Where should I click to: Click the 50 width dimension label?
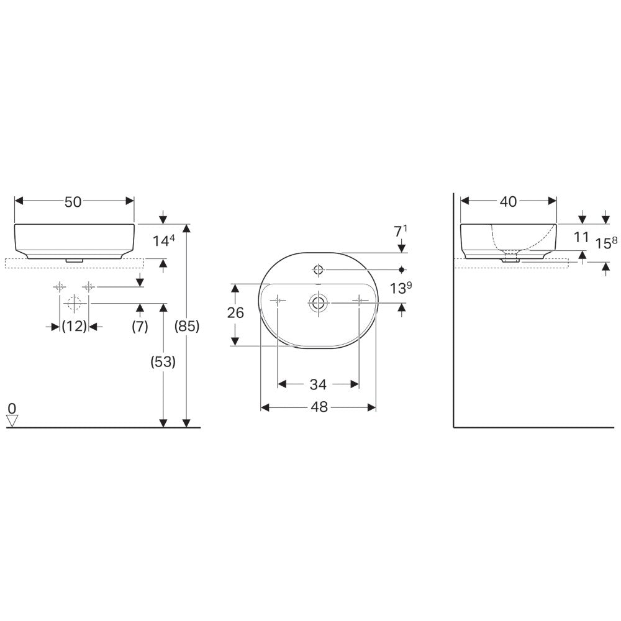[73, 202]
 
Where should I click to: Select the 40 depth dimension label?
[508, 202]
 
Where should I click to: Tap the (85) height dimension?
[187, 326]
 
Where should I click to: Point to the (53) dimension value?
[163, 361]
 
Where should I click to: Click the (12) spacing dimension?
[74, 327]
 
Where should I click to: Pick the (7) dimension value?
[140, 327]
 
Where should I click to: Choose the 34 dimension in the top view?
[318, 384]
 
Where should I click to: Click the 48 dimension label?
[319, 407]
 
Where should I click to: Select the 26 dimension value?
[235, 313]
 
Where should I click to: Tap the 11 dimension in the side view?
[581, 237]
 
